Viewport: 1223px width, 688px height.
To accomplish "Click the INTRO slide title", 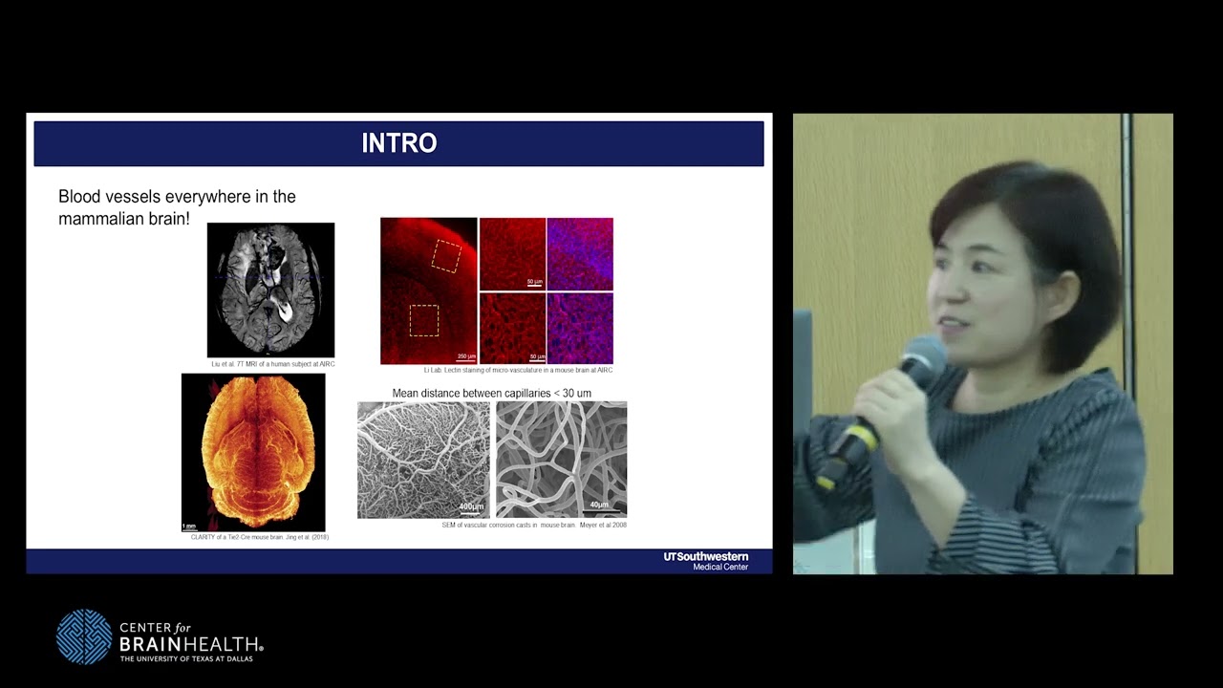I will (x=398, y=143).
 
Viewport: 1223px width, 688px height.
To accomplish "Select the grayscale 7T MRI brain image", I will (x=270, y=290).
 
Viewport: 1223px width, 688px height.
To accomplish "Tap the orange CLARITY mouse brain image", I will (x=253, y=452).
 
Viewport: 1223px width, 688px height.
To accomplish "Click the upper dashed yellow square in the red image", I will (x=446, y=255).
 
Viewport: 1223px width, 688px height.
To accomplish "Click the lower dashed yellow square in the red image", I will (x=424, y=320).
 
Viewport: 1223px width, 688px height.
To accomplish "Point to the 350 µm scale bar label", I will (x=466, y=356).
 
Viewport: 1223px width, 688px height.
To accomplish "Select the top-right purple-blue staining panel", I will (x=580, y=254).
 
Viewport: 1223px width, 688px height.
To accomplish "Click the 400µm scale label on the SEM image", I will (x=471, y=506).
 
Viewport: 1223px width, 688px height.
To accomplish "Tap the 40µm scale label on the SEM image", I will (x=599, y=505).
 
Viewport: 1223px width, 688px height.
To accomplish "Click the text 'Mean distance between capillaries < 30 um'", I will (x=491, y=393).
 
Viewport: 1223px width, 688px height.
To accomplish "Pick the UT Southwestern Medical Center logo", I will (x=706, y=561).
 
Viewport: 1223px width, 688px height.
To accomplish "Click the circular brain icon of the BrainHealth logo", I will (x=84, y=636).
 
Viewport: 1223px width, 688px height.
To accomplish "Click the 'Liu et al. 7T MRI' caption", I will (x=272, y=364).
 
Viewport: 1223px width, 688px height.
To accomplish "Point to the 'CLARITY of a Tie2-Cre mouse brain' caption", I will (x=259, y=537).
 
